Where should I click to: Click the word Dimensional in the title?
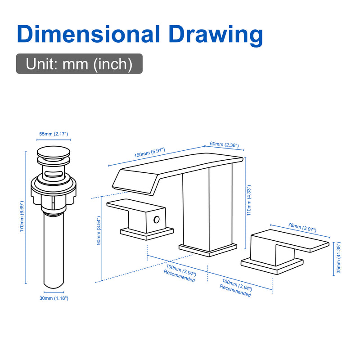click(x=88, y=34)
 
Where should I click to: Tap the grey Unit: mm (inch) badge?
click(x=79, y=63)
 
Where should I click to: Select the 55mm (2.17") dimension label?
click(x=54, y=134)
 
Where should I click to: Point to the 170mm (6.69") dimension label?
click(x=22, y=217)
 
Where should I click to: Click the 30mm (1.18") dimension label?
click(x=54, y=298)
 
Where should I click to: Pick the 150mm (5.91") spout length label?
click(x=150, y=153)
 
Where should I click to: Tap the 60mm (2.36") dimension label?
click(x=224, y=144)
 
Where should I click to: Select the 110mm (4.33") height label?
click(x=249, y=200)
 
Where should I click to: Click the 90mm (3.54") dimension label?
click(x=99, y=230)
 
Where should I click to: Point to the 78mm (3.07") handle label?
click(x=302, y=228)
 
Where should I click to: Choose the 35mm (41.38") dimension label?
click(x=339, y=257)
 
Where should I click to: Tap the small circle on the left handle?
click(x=157, y=220)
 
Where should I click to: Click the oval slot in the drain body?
click(x=53, y=173)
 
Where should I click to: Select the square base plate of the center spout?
click(x=208, y=250)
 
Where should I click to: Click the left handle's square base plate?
click(x=147, y=234)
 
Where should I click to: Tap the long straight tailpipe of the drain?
click(x=54, y=251)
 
